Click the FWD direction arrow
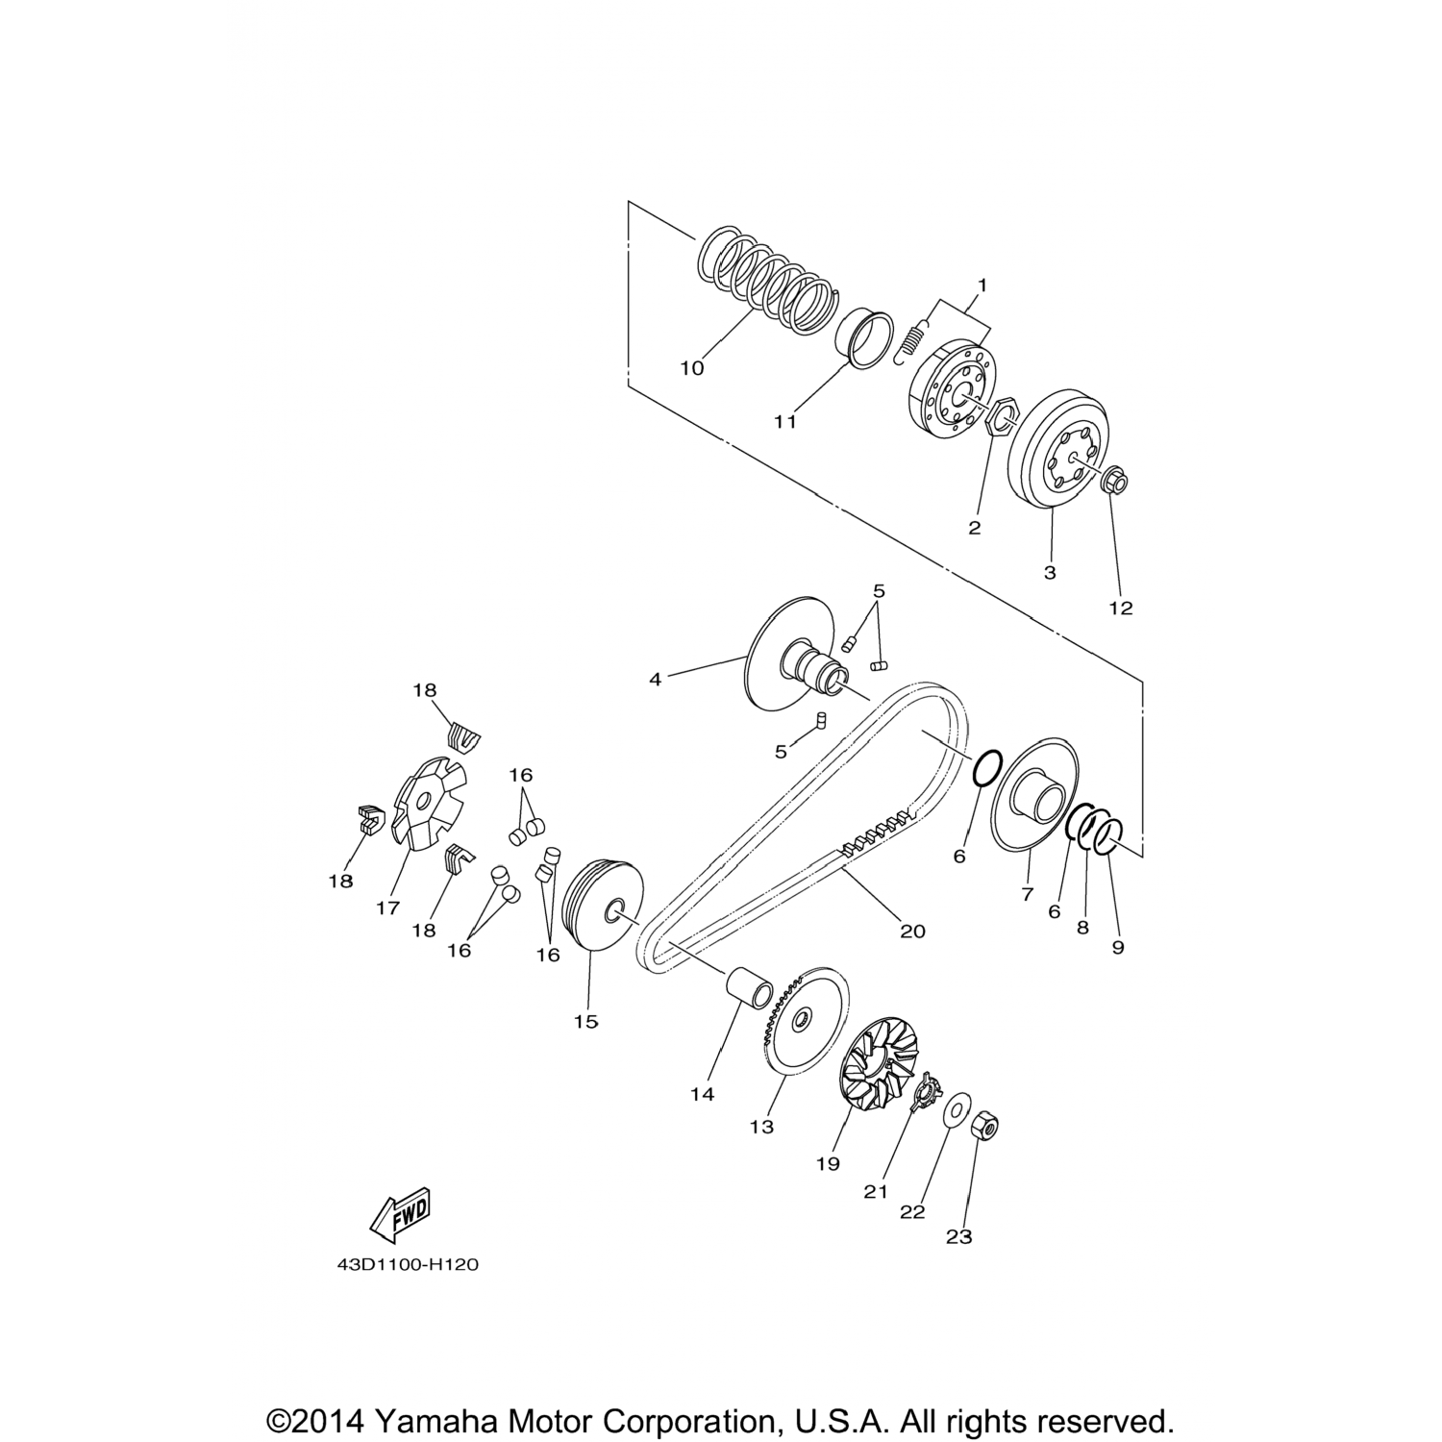[400, 1215]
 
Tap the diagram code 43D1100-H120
[408, 1265]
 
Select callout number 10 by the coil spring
[692, 368]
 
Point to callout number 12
[1121, 608]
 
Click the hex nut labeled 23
[982, 1124]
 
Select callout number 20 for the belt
[912, 931]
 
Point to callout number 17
[387, 907]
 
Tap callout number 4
[655, 679]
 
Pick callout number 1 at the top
[982, 285]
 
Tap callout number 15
[585, 1022]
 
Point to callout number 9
[1117, 947]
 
